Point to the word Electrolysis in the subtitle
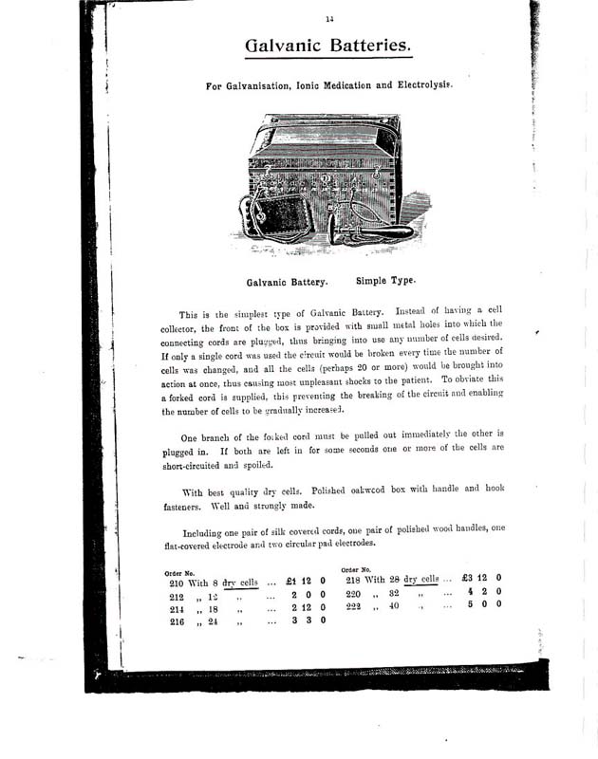point(417,84)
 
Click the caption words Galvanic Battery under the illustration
point(287,282)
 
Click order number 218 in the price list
point(356,579)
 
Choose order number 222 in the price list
point(355,605)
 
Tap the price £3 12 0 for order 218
point(480,578)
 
